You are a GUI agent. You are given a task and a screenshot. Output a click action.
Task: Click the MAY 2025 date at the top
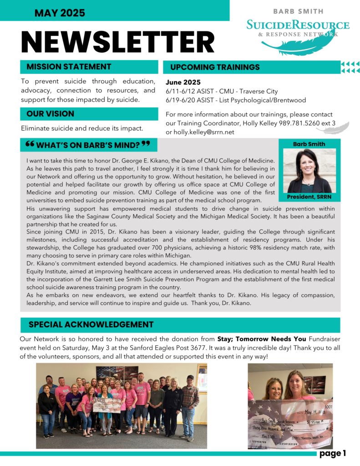60,13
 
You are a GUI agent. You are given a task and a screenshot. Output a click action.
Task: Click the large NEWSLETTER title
118,42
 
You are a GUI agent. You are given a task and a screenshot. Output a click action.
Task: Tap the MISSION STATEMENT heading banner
69,67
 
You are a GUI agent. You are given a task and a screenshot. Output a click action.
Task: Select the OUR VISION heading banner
50,114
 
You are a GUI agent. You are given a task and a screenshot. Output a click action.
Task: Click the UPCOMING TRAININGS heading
215,67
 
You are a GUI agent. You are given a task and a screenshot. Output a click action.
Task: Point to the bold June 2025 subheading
183,82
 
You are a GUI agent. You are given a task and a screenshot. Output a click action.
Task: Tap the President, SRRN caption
309,197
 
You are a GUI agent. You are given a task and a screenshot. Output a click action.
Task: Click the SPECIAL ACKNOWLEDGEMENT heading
91,324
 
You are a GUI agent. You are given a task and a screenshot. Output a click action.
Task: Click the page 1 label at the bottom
333,453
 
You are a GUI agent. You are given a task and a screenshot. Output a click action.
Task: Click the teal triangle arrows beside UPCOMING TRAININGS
350,67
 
